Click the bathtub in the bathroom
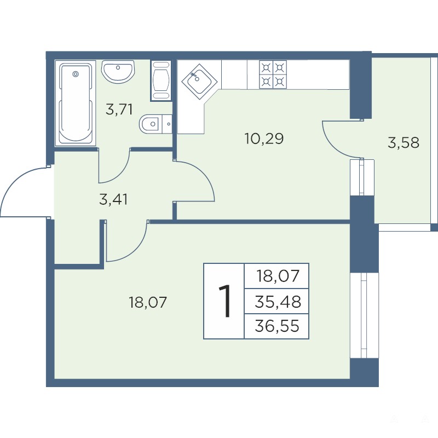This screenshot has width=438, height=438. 76,103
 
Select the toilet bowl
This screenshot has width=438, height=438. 155,124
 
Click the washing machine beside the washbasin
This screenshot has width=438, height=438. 161,80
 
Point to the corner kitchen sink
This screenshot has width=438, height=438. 199,81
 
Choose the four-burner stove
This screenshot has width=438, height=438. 273,74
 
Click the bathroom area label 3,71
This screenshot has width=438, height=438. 119,109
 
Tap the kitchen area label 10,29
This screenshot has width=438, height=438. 264,139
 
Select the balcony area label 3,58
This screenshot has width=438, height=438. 404,142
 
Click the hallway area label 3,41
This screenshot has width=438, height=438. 113,200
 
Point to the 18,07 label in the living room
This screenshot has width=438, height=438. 147,302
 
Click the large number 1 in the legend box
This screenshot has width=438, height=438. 224,301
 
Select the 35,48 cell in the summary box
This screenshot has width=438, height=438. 278,302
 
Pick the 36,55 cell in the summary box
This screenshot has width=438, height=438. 277,326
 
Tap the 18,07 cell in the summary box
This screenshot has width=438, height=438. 278,276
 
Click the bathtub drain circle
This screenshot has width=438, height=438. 75,74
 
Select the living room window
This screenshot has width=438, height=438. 364,315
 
